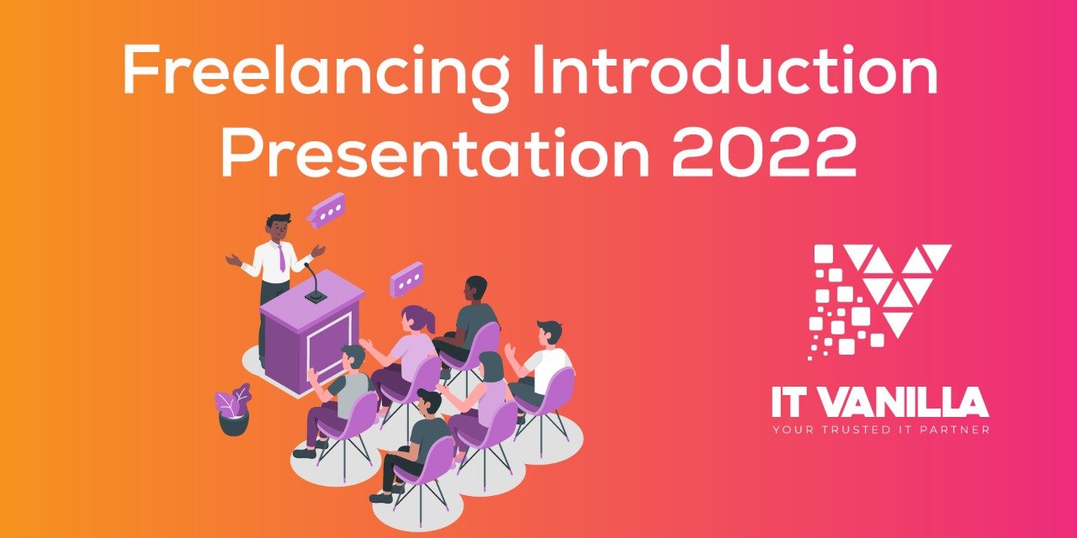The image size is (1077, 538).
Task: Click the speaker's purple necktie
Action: point(280,257)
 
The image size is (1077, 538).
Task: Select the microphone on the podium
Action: point(313,282)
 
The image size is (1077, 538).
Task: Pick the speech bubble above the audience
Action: point(407,278)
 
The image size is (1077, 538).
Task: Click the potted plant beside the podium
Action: point(234,410)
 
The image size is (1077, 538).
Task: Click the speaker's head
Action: point(279,226)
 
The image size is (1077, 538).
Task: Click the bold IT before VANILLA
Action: point(792,404)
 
